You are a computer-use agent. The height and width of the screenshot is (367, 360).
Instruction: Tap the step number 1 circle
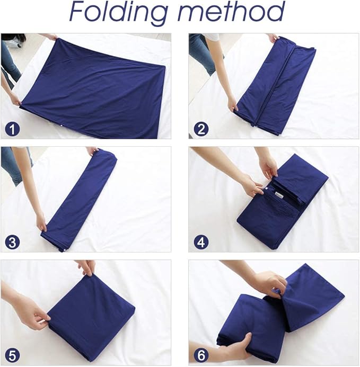point(11,129)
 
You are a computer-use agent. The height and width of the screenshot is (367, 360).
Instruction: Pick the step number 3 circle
point(11,243)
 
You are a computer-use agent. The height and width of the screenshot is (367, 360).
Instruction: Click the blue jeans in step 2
point(203,53)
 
